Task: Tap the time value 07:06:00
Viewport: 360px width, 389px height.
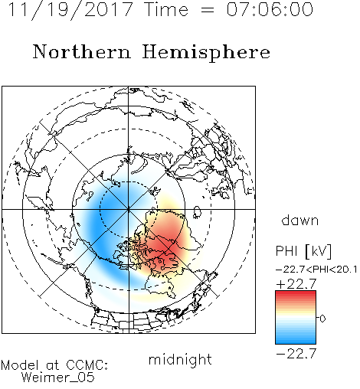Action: [270, 9]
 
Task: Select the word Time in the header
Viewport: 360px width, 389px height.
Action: [166, 9]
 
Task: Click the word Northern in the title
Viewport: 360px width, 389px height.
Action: [82, 51]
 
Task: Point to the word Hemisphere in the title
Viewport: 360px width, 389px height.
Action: [206, 53]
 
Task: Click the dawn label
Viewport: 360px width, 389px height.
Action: [300, 220]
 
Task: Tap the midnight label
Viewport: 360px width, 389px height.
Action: [180, 360]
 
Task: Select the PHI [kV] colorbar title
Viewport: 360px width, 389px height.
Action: [303, 251]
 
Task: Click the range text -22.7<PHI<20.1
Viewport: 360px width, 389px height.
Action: [316, 270]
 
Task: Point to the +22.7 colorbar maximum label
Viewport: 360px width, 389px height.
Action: [296, 284]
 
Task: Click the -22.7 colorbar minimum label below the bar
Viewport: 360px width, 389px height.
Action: [296, 354]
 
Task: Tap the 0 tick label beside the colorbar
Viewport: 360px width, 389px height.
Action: [322, 319]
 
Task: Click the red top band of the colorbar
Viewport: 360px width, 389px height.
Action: [296, 294]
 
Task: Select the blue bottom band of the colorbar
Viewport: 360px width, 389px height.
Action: [296, 340]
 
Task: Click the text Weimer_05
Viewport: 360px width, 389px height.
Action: [57, 377]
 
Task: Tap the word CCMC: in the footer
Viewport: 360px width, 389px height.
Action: [87, 365]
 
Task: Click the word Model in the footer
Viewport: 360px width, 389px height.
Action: [20, 365]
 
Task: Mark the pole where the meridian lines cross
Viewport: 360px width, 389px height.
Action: [129, 209]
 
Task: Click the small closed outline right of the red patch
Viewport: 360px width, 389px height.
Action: [197, 212]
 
